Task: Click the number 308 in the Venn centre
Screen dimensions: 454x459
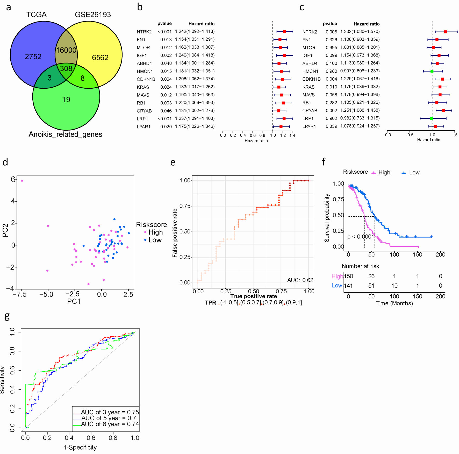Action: click(66, 68)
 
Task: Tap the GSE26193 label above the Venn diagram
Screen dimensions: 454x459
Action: click(93, 15)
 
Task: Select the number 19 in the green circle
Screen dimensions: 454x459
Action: click(66, 100)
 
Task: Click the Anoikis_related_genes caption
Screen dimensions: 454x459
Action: click(65, 134)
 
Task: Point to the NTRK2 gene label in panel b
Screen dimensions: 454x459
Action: click(144, 32)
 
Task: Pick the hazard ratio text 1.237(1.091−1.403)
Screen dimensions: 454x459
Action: click(195, 118)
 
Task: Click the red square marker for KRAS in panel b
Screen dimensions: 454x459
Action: click(279, 87)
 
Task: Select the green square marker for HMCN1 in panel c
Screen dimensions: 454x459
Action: click(432, 71)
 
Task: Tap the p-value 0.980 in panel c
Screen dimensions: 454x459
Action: click(331, 71)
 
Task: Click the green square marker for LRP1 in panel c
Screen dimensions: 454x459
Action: click(431, 118)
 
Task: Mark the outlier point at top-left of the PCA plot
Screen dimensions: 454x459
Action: click(22, 181)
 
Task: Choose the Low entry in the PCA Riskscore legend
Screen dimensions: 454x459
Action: click(155, 240)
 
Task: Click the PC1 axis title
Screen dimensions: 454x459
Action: click(74, 301)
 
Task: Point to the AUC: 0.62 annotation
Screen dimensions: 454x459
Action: click(300, 280)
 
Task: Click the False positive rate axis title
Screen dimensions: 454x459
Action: click(175, 233)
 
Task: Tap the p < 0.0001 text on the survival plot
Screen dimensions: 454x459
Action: click(361, 237)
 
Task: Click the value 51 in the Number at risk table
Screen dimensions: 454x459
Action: click(371, 286)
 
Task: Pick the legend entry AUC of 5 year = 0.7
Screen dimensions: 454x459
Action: click(109, 418)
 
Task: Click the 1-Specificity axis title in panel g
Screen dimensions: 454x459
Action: click(80, 447)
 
